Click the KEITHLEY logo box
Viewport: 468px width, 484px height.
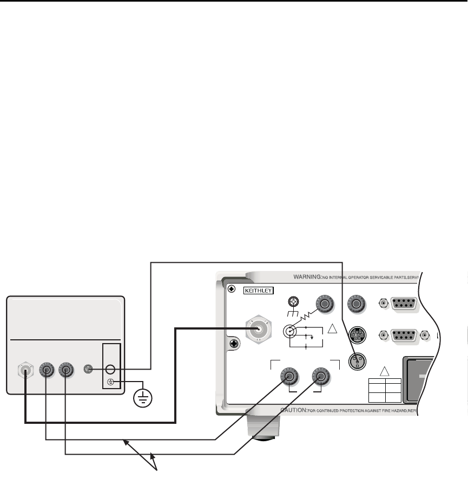click(260, 291)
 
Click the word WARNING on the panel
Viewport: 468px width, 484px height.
click(308, 277)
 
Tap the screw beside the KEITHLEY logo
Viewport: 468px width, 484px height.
click(232, 289)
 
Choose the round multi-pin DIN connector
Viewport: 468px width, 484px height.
click(357, 333)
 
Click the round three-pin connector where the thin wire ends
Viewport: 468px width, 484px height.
click(357, 360)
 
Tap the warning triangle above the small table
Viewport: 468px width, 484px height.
click(384, 371)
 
